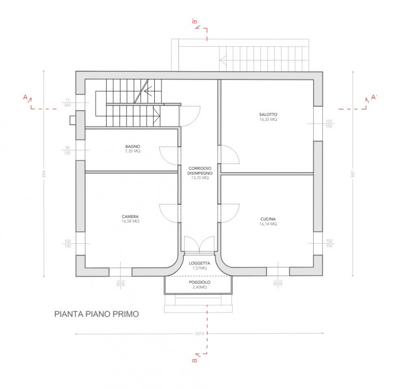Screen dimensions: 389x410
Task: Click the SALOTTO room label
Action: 268,114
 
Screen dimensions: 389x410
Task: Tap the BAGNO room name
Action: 132,146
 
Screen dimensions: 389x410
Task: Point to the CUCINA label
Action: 268,219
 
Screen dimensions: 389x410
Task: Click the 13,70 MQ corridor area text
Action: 199,178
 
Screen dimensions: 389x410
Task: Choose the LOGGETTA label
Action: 199,263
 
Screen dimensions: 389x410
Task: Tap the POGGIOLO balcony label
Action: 199,282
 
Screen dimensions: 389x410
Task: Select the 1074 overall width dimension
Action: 200,334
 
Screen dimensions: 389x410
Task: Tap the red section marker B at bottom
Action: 195,361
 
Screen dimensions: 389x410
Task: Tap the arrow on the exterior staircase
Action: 223,59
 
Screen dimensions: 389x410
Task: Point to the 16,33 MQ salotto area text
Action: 268,119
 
